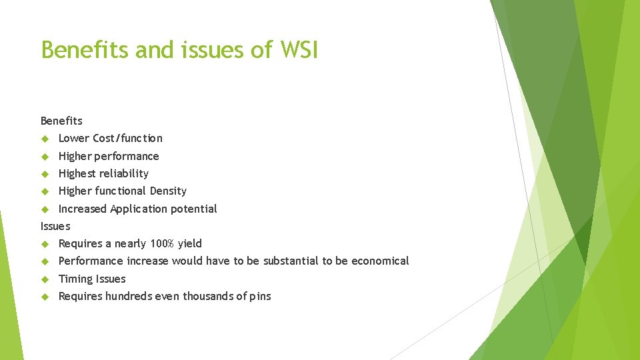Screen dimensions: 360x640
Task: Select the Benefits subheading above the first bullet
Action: point(61,121)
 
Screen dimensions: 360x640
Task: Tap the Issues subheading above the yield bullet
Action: point(55,226)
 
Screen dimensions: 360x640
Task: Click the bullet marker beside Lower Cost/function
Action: point(45,139)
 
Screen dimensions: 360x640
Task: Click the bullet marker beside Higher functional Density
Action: point(45,191)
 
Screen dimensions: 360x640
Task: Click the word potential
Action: point(194,209)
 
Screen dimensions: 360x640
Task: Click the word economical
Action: point(380,261)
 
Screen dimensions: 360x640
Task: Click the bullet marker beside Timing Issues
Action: point(45,279)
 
